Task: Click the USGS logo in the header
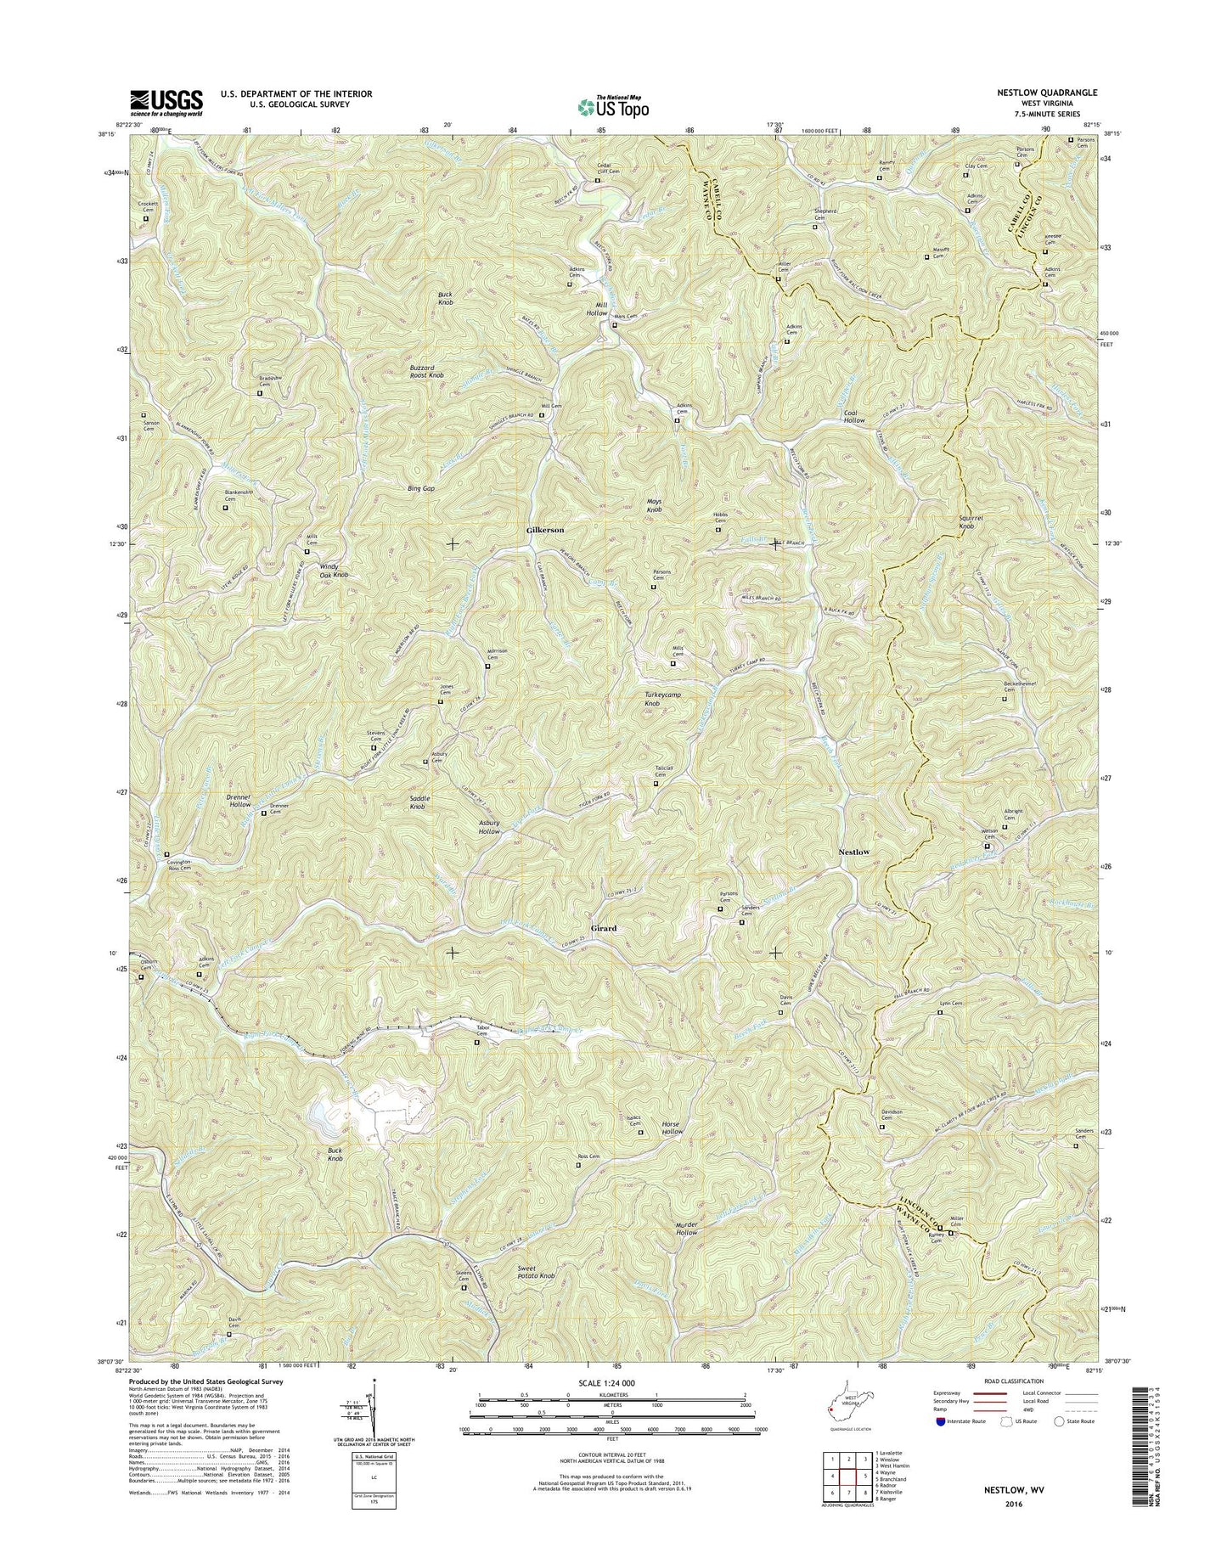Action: tap(166, 102)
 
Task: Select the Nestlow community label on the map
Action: tap(854, 851)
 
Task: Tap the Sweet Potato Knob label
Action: tap(537, 1273)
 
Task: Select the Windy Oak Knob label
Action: tap(334, 571)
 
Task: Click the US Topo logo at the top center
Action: tap(613, 105)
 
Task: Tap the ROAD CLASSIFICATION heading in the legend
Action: tap(1016, 1381)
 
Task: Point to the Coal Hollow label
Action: tap(854, 417)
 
